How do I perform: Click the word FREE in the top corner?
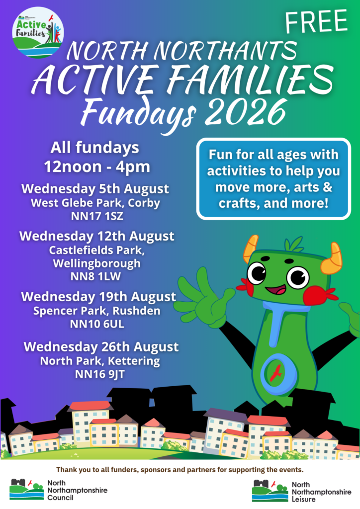(x=316, y=21)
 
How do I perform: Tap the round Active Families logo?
(x=38, y=32)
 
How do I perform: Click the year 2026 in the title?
(x=246, y=112)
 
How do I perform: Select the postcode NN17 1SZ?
(x=97, y=216)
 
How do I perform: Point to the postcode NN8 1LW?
(x=96, y=276)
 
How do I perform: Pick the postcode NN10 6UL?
(x=97, y=324)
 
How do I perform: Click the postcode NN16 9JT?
(x=99, y=374)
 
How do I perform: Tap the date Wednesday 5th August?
(x=95, y=188)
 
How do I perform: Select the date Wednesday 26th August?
(x=101, y=346)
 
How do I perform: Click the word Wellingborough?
(x=97, y=263)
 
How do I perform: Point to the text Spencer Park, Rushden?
(x=97, y=311)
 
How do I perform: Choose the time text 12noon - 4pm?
(x=97, y=167)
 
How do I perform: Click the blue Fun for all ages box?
(x=273, y=179)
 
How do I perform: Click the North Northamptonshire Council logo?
(x=59, y=490)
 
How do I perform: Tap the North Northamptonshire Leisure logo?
(x=301, y=491)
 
